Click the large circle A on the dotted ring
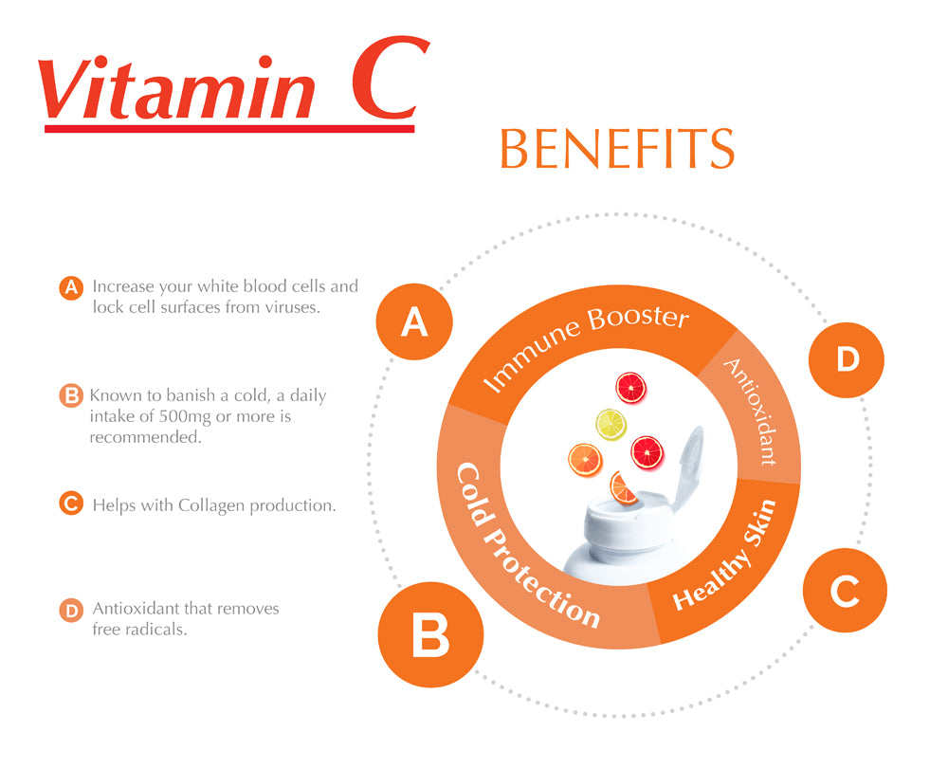coord(414,323)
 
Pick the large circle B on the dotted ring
coord(430,636)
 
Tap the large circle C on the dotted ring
coord(844,594)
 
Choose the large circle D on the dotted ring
coord(847,359)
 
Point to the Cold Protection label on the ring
coord(527,545)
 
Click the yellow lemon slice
coord(611,424)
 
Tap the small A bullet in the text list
coord(69,287)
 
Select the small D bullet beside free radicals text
coord(70,611)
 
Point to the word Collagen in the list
coord(211,505)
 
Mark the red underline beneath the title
coord(228,128)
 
